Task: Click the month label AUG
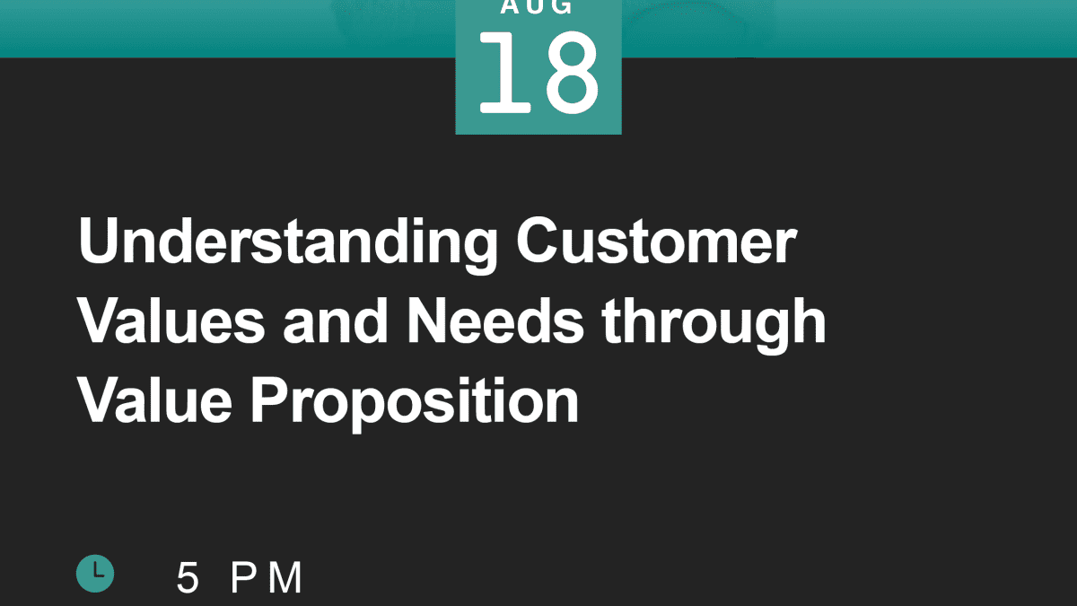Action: click(537, 7)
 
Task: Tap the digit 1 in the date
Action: click(504, 72)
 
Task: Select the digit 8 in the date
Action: click(573, 72)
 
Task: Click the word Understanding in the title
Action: click(288, 244)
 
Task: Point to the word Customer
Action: click(656, 240)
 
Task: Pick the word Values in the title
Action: click(171, 321)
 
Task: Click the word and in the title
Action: click(335, 321)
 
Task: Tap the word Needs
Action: click(495, 321)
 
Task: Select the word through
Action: click(714, 325)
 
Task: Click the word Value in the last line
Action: click(154, 400)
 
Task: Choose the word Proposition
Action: click(415, 405)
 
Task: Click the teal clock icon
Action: click(95, 574)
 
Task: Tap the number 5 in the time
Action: click(188, 577)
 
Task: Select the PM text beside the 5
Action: click(267, 577)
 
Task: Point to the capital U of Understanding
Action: click(98, 241)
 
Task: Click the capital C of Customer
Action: click(537, 240)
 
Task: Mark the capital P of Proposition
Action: click(270, 400)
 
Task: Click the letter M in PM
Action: click(285, 577)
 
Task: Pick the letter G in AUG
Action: click(560, 7)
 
